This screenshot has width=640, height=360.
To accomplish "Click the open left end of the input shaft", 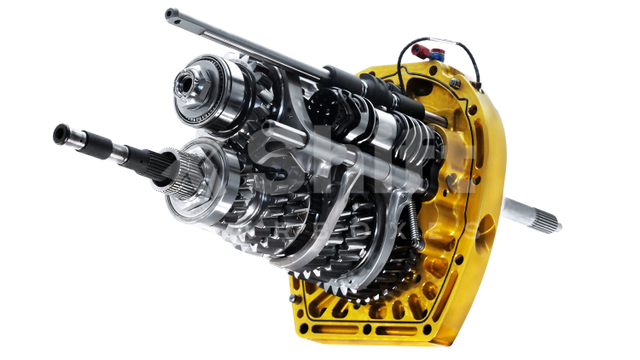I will tap(61, 132).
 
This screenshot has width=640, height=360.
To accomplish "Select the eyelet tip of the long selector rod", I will tap(171, 13).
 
